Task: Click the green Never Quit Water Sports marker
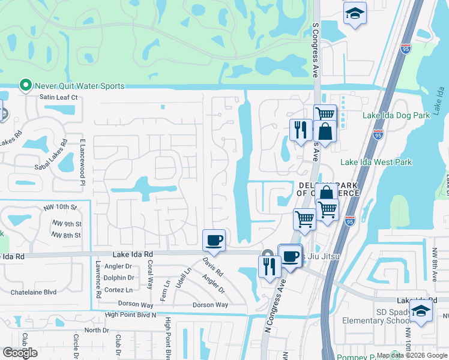pos(25,86)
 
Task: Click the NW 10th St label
pos(61,208)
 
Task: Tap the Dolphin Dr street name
pos(119,278)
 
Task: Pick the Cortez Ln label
pos(118,289)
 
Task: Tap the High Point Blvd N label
pos(130,314)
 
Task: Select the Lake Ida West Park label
pos(376,162)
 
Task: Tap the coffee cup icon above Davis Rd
pos(214,241)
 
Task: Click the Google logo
pos(20,353)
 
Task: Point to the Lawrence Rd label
pos(98,279)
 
